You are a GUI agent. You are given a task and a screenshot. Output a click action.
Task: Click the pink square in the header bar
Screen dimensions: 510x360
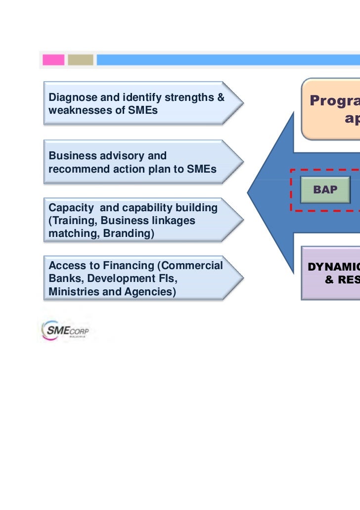tap(53, 60)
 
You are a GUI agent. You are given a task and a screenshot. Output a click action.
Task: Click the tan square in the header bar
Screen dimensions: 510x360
tap(80, 60)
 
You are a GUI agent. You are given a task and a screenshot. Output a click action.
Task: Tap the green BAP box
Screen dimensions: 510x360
tap(325, 189)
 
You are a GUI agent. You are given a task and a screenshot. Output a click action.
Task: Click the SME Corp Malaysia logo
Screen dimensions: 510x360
tap(65, 330)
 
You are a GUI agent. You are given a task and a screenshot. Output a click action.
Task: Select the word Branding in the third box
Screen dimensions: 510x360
tap(130, 233)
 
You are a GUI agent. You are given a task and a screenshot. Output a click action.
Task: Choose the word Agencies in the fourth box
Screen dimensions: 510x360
tap(149, 291)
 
